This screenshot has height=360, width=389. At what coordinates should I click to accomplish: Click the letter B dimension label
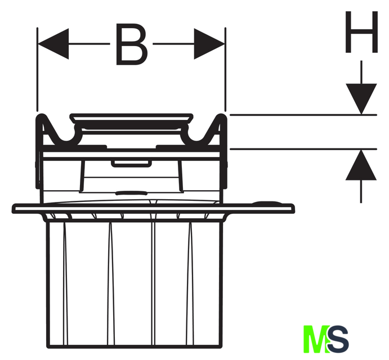click(132, 44)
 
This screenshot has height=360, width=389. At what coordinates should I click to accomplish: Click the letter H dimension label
click(361, 31)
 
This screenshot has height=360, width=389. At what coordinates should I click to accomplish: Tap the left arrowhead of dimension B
click(53, 44)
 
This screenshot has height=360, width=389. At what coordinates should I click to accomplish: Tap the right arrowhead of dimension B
click(209, 44)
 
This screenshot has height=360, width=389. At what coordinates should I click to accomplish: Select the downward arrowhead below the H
click(361, 99)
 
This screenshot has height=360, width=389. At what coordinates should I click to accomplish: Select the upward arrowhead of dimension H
click(361, 165)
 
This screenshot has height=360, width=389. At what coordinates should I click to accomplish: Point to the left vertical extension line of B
click(37, 69)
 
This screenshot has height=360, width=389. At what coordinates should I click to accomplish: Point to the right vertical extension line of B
click(225, 69)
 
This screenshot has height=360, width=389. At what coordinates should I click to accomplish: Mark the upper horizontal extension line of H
click(303, 115)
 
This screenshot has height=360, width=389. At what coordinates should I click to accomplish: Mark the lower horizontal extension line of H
click(303, 149)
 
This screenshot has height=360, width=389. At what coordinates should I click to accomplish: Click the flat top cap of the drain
click(132, 118)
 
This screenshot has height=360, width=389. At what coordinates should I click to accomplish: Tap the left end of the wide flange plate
click(12, 209)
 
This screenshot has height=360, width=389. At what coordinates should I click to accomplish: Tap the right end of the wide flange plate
click(294, 209)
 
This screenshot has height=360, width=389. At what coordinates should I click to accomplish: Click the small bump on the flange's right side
click(267, 203)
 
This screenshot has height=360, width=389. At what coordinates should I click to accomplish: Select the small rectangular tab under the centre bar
click(131, 164)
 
